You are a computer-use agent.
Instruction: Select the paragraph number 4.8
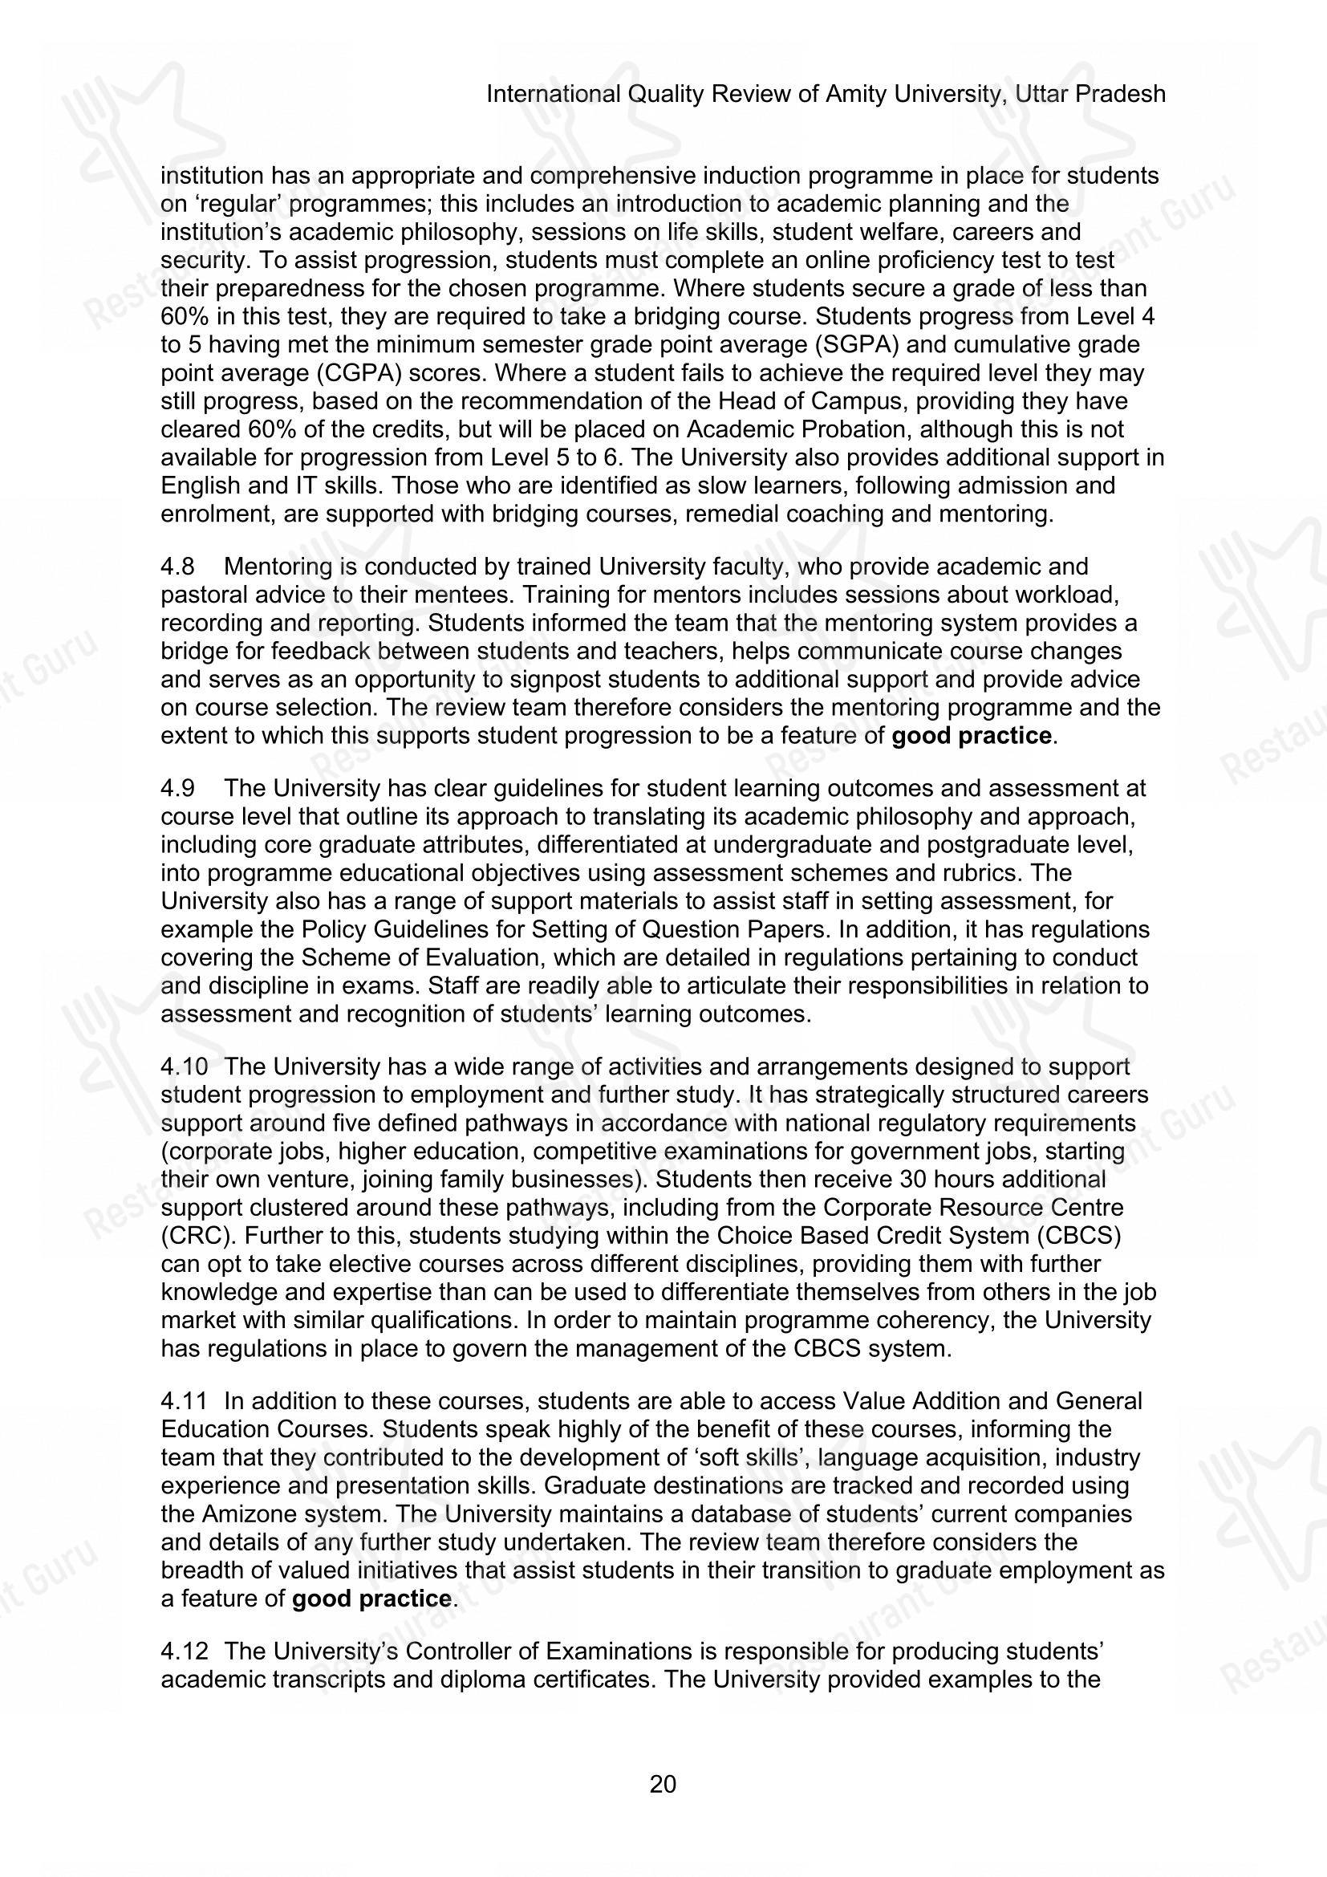[x=177, y=567]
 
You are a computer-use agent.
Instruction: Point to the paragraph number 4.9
[x=177, y=789]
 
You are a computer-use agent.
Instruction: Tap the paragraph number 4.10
[x=183, y=1066]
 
